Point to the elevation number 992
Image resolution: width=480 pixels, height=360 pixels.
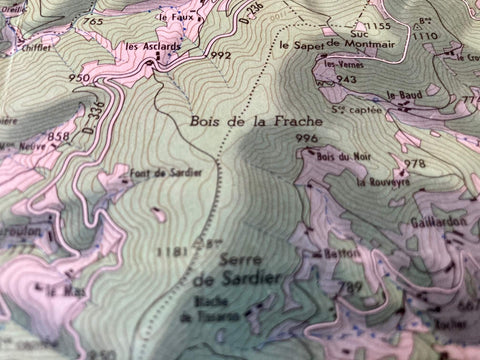coord(220,56)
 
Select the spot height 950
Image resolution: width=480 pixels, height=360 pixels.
coord(77,77)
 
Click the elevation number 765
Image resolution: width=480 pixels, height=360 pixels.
coord(93,21)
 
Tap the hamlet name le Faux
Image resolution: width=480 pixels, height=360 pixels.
coord(175,17)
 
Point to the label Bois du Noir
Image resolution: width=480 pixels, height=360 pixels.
coord(336,156)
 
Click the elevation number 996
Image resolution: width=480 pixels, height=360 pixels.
coord(306,138)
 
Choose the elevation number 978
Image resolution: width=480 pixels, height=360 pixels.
coord(414,163)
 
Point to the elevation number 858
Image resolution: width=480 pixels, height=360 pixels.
coord(59,135)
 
